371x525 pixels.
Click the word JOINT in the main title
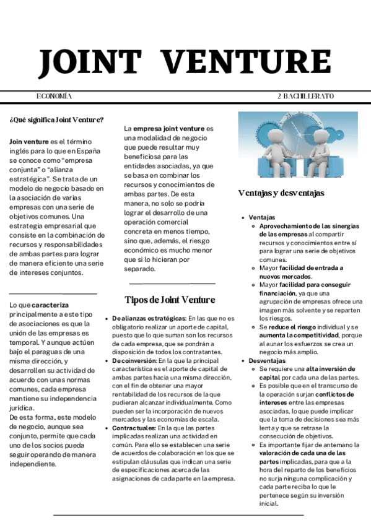coord(90,63)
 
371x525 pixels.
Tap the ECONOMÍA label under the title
coord(55,97)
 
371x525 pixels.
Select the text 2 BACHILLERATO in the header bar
coord(305,97)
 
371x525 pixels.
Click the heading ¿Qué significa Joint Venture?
coord(56,119)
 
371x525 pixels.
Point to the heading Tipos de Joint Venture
coord(170,300)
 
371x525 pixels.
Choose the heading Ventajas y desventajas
coord(281,193)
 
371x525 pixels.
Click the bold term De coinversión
coord(134,360)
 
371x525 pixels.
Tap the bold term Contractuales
coord(134,428)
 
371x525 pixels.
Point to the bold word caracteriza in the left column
coord(51,305)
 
